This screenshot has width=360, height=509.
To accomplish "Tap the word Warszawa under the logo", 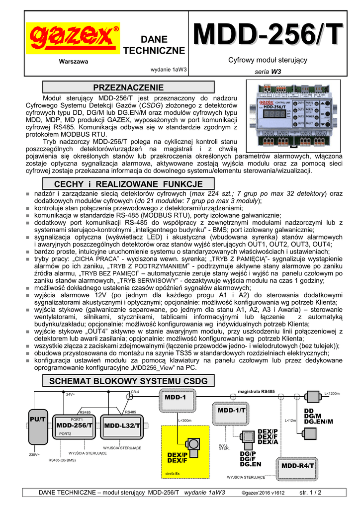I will coord(73,61).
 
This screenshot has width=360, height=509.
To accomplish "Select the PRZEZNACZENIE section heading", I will coord(129,87).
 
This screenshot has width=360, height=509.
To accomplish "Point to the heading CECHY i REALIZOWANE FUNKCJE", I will coord(129,184).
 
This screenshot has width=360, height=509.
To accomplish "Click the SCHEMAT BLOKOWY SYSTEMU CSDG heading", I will coord(129,381).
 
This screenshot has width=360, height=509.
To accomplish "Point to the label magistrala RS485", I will coord(257,392).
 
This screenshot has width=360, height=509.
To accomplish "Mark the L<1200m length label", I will coord(332,394).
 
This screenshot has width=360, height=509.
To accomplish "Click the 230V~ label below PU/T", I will coord(34,454).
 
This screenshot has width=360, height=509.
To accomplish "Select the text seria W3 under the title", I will coord(268,72).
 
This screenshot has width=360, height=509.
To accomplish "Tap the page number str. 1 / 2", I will coord(310,493).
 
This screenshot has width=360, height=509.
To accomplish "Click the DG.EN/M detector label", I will coord(318,421).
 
